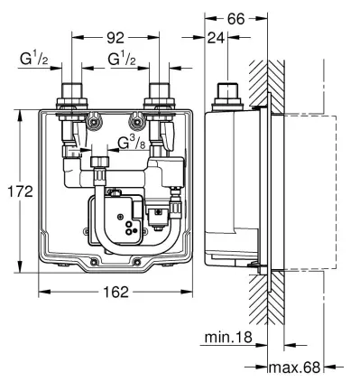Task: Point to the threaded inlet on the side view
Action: pos(226,94)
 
